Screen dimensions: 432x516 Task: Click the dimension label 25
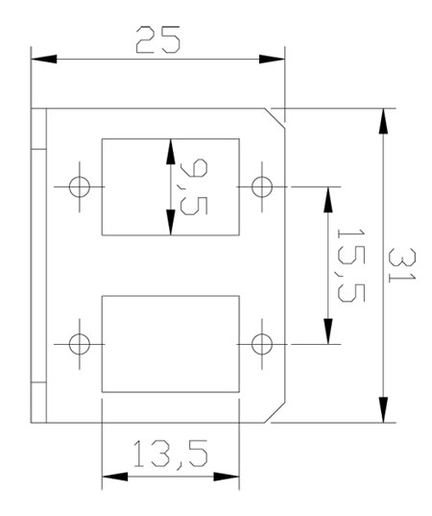[x=158, y=39]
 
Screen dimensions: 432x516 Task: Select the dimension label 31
[x=401, y=265]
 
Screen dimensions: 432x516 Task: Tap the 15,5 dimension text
[x=351, y=265]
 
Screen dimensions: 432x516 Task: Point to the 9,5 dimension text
[x=194, y=186]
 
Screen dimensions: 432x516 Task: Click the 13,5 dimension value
[x=171, y=454]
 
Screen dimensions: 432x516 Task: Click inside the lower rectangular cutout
[x=171, y=344]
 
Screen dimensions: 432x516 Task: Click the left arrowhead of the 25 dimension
[x=44, y=60]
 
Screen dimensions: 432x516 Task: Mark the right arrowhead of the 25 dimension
[x=272, y=60]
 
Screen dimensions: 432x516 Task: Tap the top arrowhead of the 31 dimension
[x=383, y=121]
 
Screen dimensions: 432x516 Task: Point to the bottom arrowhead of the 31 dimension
[x=383, y=409]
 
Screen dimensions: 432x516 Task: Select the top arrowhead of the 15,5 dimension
[x=328, y=200]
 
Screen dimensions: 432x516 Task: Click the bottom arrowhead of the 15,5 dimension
[x=328, y=332]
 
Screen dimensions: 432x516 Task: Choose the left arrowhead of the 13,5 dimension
[x=115, y=477]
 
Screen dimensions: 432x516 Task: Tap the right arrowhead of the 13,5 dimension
[x=227, y=477]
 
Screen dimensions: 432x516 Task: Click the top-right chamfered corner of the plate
[x=275, y=117]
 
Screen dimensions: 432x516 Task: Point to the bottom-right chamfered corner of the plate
[x=275, y=412]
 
